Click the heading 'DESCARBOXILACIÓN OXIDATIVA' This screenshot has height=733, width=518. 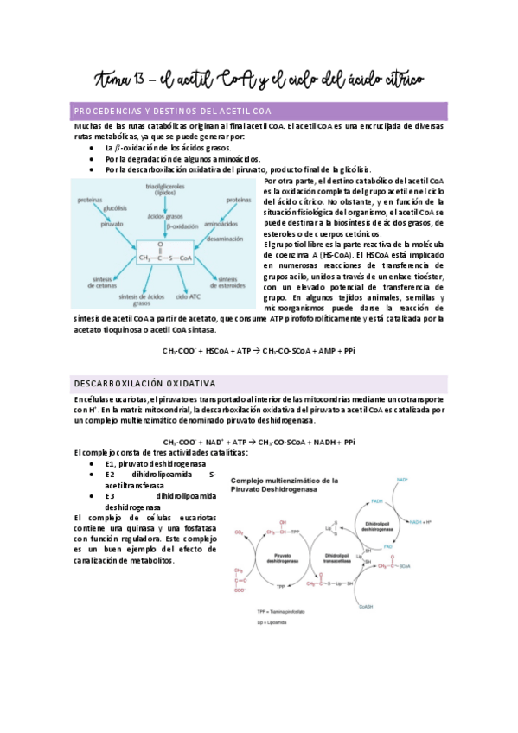tap(145, 382)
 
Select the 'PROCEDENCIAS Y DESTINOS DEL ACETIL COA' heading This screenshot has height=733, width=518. tap(174, 112)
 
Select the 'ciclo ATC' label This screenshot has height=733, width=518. tap(188, 296)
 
